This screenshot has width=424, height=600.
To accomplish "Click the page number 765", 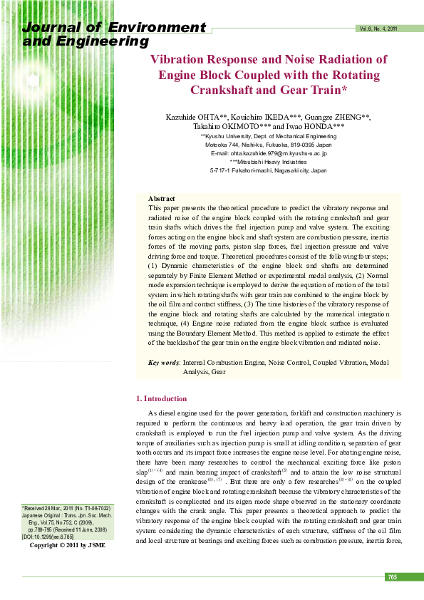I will coord(392,576).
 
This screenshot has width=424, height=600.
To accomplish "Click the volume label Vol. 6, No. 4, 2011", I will coord(378,29).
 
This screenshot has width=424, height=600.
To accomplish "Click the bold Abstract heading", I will coord(161,198).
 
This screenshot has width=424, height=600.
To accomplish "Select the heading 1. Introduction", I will coord(161,398).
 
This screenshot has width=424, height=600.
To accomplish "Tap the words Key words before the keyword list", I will coord(164,363).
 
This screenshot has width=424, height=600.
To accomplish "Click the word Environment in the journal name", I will coord(157,29).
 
